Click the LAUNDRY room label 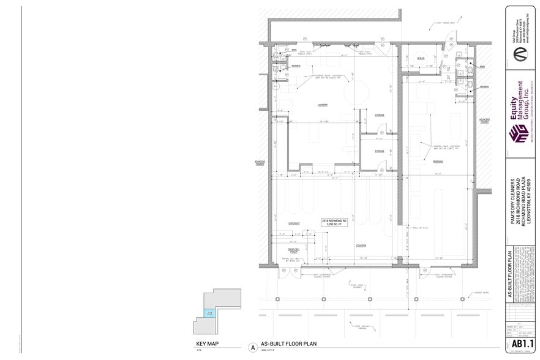322,105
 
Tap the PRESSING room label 438,162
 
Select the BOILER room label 421,58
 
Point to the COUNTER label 361,245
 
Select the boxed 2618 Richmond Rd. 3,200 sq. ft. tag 334,222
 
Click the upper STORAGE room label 379,115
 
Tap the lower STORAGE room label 379,151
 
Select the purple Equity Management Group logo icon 519,133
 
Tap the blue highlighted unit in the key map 209,313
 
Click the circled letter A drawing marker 252,347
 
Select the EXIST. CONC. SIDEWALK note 357,285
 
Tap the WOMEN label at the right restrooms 484,87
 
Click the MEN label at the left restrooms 294,50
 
